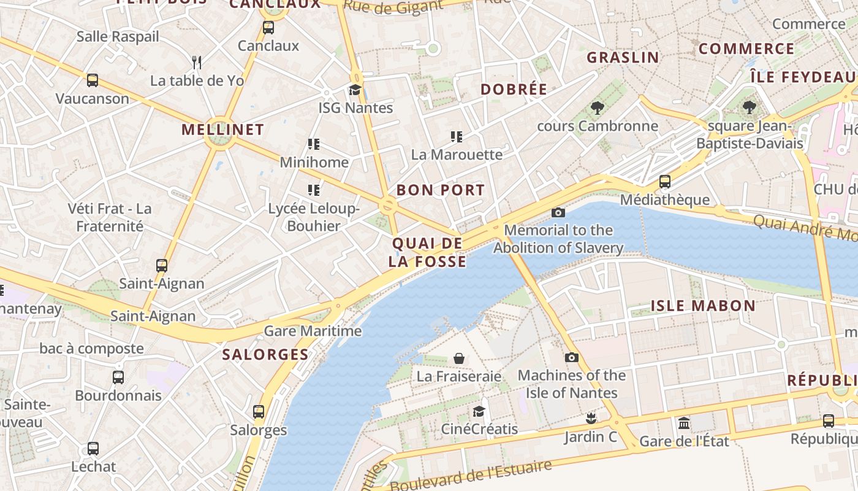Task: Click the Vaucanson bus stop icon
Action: [93, 80]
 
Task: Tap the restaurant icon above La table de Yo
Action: [197, 62]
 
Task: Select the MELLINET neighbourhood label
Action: [222, 130]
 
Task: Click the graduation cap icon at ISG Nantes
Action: [355, 90]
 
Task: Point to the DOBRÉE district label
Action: [514, 89]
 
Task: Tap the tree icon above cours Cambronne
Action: [597, 109]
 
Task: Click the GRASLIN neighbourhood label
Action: [623, 58]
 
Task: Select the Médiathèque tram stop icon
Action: [665, 182]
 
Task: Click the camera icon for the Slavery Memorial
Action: [558, 212]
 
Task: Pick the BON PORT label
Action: [441, 190]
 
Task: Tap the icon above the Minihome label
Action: [314, 144]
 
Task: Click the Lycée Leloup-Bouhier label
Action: [314, 217]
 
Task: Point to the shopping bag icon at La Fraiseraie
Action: [458, 358]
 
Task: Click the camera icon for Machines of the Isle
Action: [571, 357]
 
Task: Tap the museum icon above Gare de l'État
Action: [684, 423]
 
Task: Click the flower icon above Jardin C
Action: [591, 419]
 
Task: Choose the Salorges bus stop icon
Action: [259, 411]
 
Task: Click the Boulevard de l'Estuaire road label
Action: [471, 476]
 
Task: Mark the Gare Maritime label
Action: [313, 331]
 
